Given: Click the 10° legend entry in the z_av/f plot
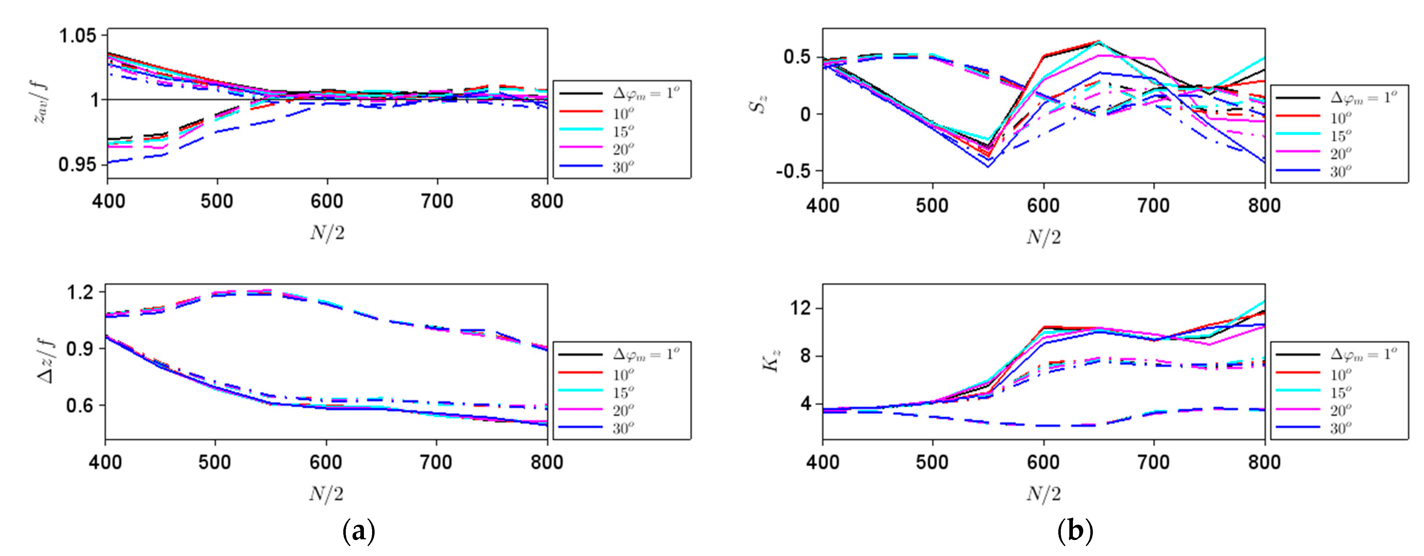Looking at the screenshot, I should point(623,114).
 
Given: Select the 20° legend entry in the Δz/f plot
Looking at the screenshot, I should point(623,410).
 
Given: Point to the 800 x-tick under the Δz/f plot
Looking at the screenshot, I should point(547,463).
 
